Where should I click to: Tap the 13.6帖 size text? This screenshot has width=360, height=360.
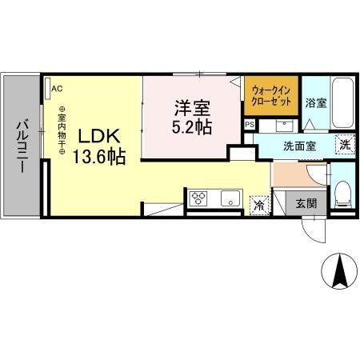coord(98,157)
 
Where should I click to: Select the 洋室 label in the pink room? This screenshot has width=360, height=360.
coord(192,107)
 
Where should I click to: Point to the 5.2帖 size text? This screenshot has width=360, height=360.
coord(192,126)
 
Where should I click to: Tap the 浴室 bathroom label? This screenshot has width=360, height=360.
coord(315,103)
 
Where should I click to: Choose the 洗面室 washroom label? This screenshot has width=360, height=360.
coord(293,147)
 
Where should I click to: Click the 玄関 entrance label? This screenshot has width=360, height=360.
coord(306,203)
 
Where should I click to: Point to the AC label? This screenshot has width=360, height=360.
coord(58,89)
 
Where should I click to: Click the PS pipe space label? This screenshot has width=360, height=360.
coord(249,125)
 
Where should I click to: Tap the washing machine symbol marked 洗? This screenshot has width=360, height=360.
coord(343,146)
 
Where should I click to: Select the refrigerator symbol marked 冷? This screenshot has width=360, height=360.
coord(259,205)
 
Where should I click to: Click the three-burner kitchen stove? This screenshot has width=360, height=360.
coord(198,199)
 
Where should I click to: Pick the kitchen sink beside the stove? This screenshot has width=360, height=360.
coord(227,199)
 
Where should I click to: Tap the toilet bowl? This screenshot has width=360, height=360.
coord(342,190)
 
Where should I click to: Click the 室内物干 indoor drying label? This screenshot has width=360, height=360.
coord(60,132)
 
